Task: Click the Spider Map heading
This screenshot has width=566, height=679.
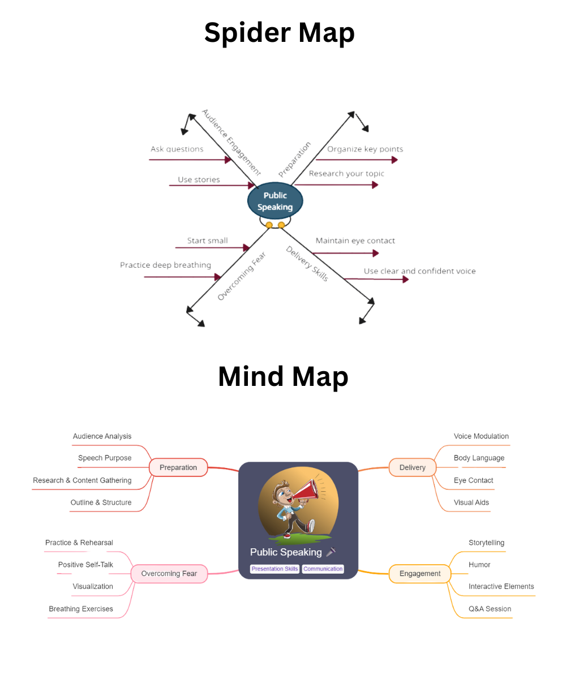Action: click(x=279, y=33)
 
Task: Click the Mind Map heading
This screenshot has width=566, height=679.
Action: click(x=282, y=377)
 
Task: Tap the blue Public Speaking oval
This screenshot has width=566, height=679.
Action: click(x=275, y=201)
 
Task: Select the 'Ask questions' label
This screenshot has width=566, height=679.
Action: click(x=177, y=149)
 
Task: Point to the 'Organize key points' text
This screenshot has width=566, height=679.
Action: click(x=365, y=149)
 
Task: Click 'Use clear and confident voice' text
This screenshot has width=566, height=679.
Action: click(x=419, y=271)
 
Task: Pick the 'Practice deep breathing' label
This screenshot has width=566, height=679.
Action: click(x=165, y=265)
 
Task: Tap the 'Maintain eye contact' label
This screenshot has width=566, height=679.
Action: click(x=355, y=240)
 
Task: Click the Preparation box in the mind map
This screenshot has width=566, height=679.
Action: click(x=178, y=467)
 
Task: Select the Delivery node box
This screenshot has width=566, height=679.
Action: click(x=412, y=467)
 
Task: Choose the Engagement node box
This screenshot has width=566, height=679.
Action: click(x=419, y=574)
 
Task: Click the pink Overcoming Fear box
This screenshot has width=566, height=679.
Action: click(x=169, y=574)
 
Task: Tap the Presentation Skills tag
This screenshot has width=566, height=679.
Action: click(x=275, y=569)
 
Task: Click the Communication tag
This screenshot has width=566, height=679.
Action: click(x=323, y=569)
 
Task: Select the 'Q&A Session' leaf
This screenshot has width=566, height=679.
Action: click(x=490, y=609)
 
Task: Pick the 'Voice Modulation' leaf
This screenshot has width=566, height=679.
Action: click(x=481, y=436)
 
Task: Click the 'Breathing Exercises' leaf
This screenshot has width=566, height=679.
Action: click(x=81, y=609)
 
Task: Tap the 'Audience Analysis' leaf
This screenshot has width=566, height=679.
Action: click(x=102, y=436)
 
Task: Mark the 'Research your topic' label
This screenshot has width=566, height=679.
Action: click(x=346, y=174)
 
